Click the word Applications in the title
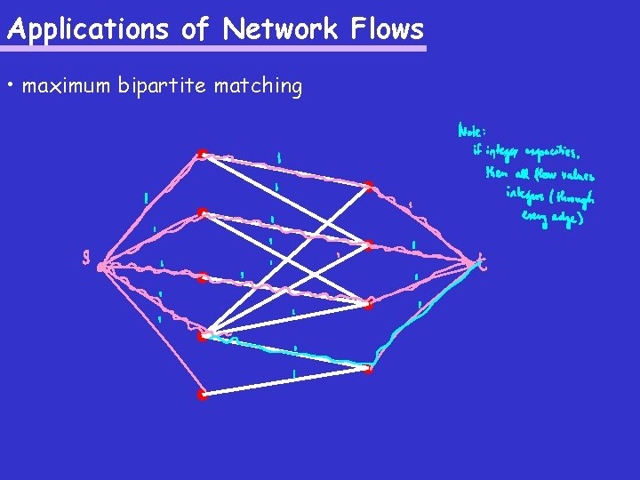pyautogui.click(x=87, y=30)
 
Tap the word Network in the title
pyautogui.click(x=281, y=29)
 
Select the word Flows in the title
pyautogui.click(x=388, y=29)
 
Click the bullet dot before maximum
pyautogui.click(x=10, y=86)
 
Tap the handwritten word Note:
pyautogui.click(x=471, y=132)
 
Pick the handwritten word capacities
pyautogui.click(x=550, y=151)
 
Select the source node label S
pyautogui.click(x=87, y=258)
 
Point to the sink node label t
pyautogui.click(x=481, y=261)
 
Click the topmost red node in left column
pyautogui.click(x=202, y=155)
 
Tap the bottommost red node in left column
pyautogui.click(x=202, y=394)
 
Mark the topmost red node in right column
pyautogui.click(x=368, y=186)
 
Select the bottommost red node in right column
pyautogui.click(x=368, y=369)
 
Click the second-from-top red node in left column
pyautogui.click(x=202, y=212)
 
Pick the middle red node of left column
pyautogui.click(x=202, y=277)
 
